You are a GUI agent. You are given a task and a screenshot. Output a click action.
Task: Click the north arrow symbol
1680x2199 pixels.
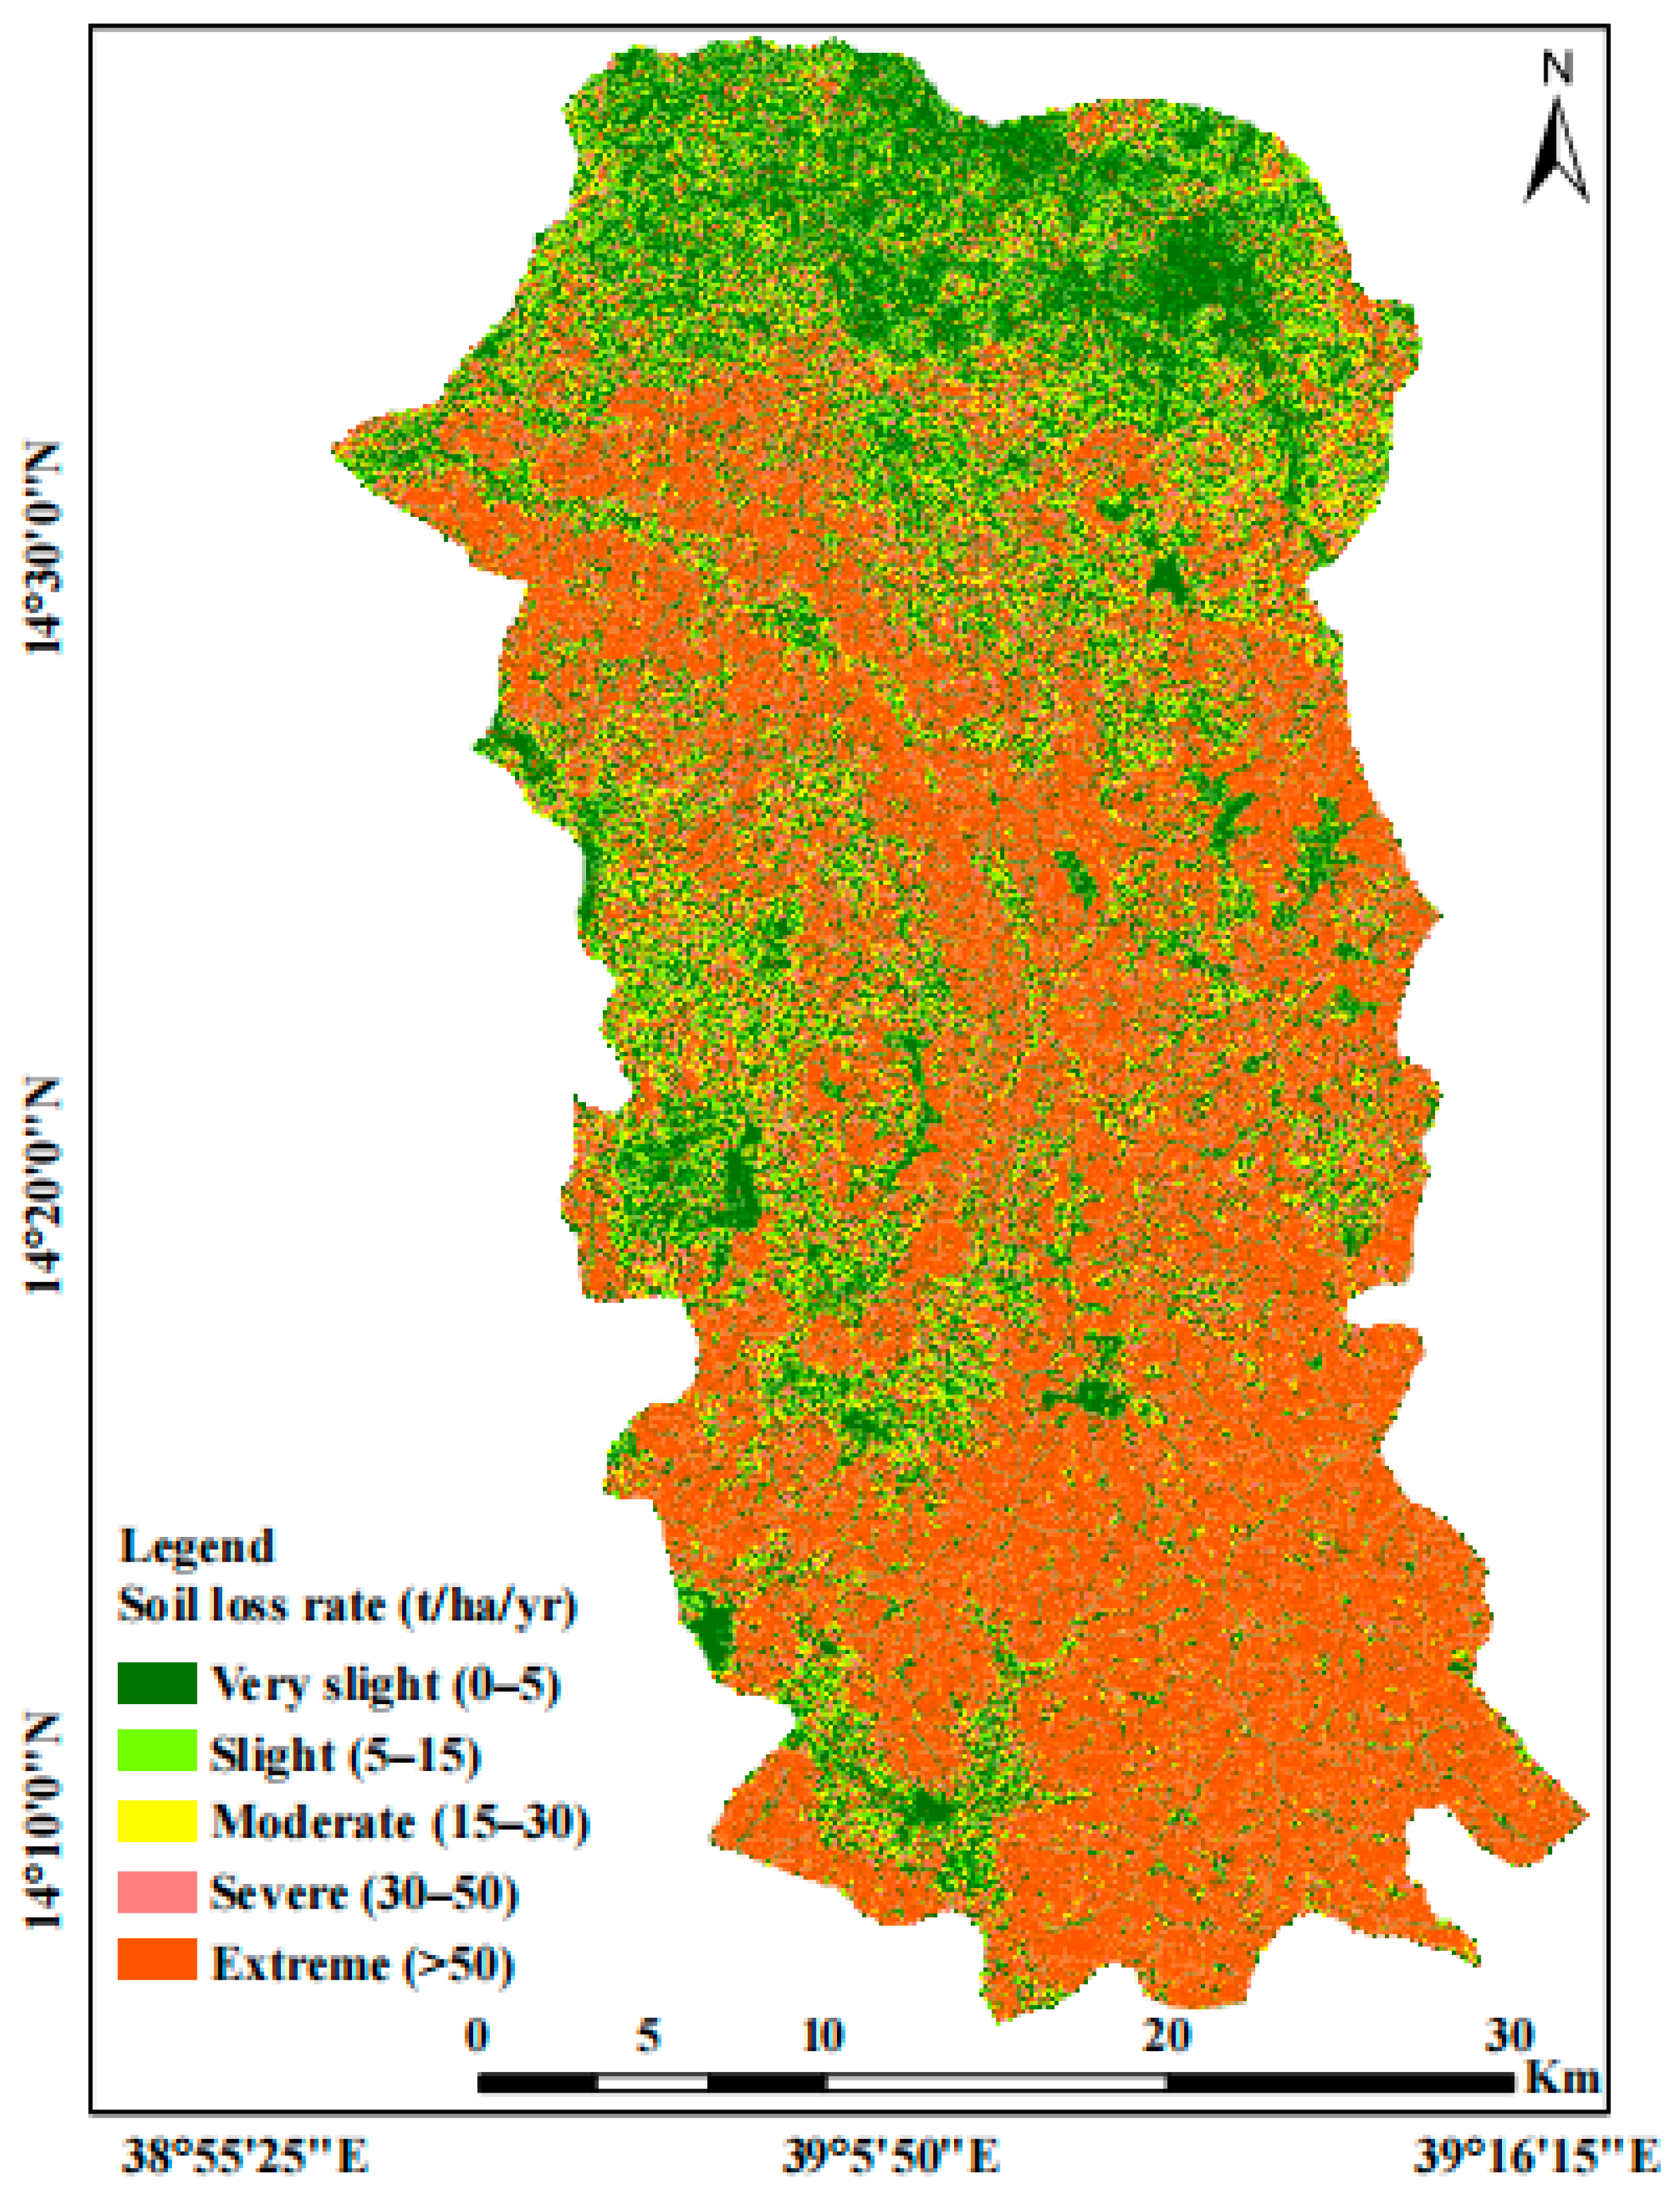tap(1556, 150)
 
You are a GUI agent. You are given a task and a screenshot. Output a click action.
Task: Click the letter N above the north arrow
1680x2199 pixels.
tap(1557, 68)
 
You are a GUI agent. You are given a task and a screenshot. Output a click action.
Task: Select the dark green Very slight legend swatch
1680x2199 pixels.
tap(157, 1682)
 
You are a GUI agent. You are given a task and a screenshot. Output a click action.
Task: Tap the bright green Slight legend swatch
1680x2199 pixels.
tap(157, 1751)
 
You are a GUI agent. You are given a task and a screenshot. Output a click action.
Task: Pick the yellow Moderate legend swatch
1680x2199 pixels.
tap(157, 1821)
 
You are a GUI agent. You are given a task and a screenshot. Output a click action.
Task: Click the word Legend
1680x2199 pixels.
tap(196, 1546)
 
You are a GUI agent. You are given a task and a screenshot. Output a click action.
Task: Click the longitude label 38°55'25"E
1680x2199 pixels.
tap(245, 2157)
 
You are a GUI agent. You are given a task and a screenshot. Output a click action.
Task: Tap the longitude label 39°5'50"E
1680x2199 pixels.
tap(890, 2157)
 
